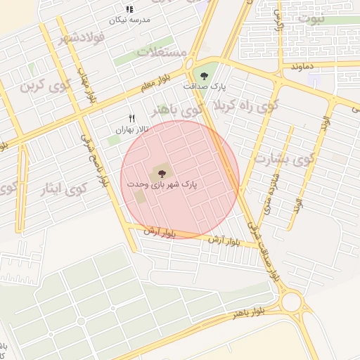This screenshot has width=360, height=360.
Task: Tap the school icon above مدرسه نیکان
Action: pyautogui.click(x=129, y=9)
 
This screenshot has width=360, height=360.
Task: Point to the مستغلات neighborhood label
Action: pyautogui.click(x=161, y=53)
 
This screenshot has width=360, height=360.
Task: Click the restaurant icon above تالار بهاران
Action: pyautogui.click(x=131, y=119)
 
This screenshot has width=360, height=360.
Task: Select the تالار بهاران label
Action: pyautogui.click(x=133, y=130)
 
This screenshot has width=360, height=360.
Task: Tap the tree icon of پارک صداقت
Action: pyautogui.click(x=204, y=75)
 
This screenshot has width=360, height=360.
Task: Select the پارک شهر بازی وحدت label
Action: pyautogui.click(x=162, y=184)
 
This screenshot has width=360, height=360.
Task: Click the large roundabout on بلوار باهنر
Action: pyautogui.click(x=292, y=303)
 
